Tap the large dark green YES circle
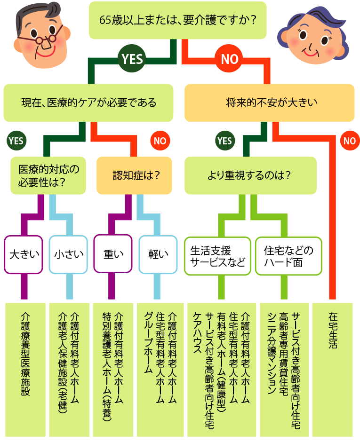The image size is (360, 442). pyautogui.click(x=132, y=58)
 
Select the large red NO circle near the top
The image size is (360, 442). pyautogui.click(x=230, y=59)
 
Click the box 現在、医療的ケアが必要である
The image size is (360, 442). pyautogui.click(x=88, y=103)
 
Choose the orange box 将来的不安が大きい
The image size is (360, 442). pyautogui.click(x=269, y=103)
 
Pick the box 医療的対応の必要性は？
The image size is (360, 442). pyautogui.click(x=48, y=175)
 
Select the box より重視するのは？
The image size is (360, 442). pyautogui.click(x=250, y=175)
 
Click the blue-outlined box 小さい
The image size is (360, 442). pyautogui.click(x=68, y=254)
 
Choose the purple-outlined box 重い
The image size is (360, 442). pyautogui.click(x=113, y=254)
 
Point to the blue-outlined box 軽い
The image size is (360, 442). pyautogui.click(x=158, y=254)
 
